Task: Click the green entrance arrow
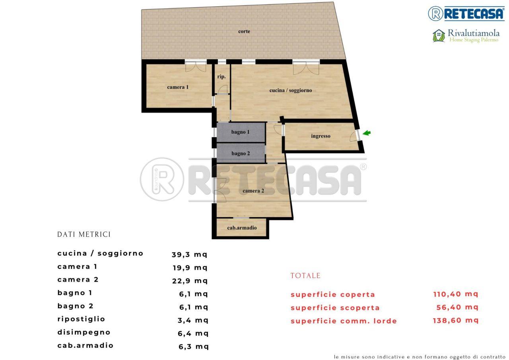[367, 133]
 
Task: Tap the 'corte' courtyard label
[244, 31]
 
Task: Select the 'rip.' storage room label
[221, 77]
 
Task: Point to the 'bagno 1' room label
[240, 132]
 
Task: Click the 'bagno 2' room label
[241, 154]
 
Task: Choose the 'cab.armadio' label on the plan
[242, 228]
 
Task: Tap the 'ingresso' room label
[321, 136]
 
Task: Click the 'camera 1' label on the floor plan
[178, 87]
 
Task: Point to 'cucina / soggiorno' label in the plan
[290, 90]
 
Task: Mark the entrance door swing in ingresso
[354, 136]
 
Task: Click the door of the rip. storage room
[223, 90]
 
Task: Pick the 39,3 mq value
[189, 255]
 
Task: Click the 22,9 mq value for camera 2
[190, 281]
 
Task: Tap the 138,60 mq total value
[456, 320]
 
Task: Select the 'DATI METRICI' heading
[84, 234]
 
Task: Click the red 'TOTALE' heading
[305, 276]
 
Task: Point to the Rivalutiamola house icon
[439, 36]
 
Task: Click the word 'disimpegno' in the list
[84, 333]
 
